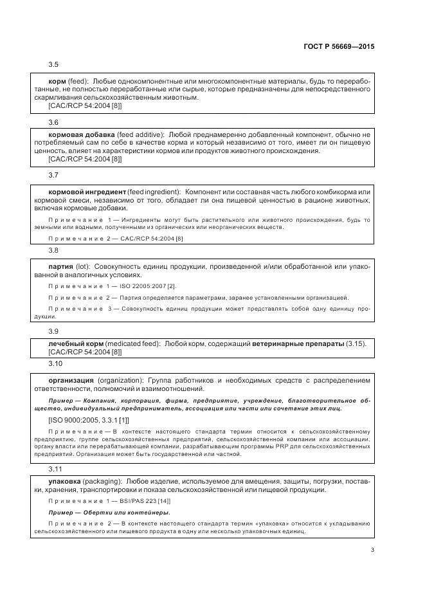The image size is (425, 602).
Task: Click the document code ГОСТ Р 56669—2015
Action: [x=338, y=46]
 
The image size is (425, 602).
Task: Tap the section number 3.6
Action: [x=54, y=122]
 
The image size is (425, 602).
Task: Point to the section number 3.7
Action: [x=54, y=176]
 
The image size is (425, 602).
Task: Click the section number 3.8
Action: [x=54, y=250]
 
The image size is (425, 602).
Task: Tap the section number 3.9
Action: [x=54, y=331]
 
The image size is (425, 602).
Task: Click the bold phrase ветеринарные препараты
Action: [x=293, y=344]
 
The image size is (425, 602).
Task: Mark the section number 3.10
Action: [x=56, y=364]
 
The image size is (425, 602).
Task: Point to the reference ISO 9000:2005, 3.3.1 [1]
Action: [x=91, y=419]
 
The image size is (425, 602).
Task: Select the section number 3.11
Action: [x=56, y=470]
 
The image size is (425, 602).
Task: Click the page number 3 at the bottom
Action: [x=372, y=549]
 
